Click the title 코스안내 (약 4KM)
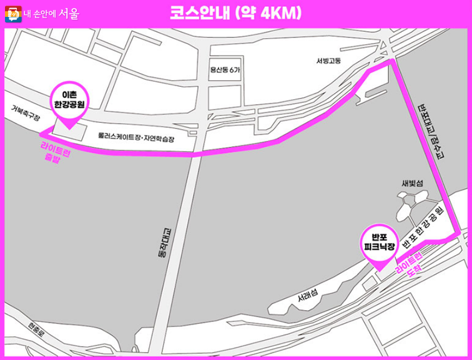pos(235,12)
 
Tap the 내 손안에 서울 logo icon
pos(13,13)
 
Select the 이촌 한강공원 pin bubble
pos(69,98)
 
